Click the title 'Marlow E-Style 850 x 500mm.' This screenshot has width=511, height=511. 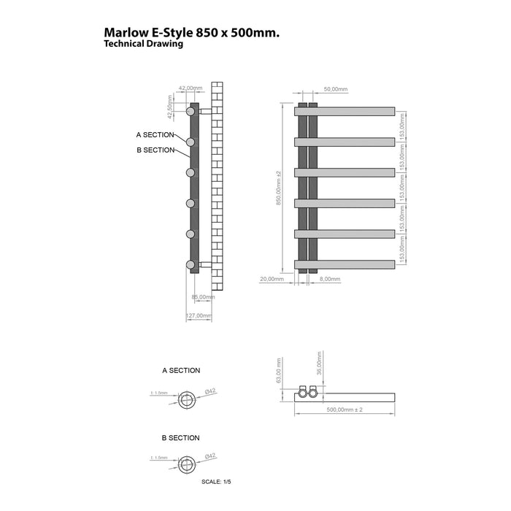(192, 33)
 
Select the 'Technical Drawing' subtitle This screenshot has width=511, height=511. (143, 44)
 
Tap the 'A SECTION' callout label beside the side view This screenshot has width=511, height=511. (155, 135)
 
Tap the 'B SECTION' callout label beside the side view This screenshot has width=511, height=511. (155, 150)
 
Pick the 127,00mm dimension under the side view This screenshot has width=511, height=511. (199, 316)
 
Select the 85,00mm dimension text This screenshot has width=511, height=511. (202, 297)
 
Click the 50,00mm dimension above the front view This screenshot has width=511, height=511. (336, 89)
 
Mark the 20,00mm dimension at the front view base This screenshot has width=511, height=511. (272, 280)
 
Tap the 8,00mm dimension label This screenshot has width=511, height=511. (330, 280)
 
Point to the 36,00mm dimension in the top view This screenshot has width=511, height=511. (319, 365)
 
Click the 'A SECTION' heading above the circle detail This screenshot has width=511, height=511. (181, 371)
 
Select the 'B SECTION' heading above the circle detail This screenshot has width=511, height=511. (180, 438)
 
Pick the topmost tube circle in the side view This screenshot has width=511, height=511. (191, 112)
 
